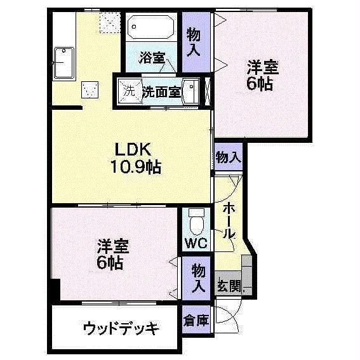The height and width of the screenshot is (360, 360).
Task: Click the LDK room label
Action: point(132,150)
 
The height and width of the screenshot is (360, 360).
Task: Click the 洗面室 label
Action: point(161,91)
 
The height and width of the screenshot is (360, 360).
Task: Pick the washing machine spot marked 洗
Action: point(130,90)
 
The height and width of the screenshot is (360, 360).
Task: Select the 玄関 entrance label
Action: point(229,285)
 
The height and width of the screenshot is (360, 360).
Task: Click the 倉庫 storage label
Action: point(196,320)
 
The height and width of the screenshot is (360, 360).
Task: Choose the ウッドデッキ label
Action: point(121,328)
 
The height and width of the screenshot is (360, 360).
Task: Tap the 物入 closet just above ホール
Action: point(228,157)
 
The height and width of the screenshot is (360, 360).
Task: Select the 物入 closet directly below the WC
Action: point(199,278)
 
